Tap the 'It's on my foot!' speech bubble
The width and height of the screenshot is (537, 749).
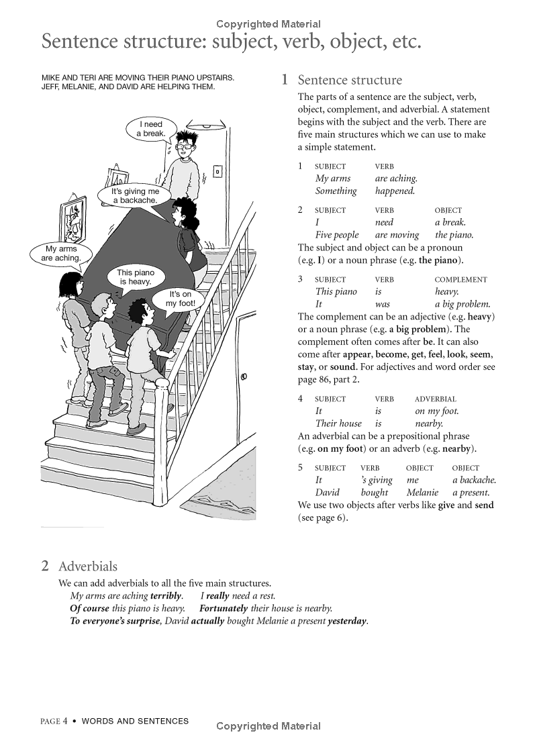tap(181, 299)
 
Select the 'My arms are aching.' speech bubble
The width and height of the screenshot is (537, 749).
tap(61, 253)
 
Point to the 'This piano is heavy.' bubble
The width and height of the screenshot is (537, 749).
tap(136, 277)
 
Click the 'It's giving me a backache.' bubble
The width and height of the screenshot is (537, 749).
tap(135, 196)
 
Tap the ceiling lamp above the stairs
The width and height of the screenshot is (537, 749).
tap(205, 126)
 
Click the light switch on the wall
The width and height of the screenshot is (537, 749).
tap(217, 172)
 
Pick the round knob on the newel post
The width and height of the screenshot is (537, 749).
tap(162, 383)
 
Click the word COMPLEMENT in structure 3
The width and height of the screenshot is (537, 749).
tap(460, 280)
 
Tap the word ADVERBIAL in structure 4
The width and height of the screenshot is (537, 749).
tap(435, 399)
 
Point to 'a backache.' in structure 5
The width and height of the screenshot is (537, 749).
tap(474, 480)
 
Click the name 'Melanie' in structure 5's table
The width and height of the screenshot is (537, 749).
tap(422, 492)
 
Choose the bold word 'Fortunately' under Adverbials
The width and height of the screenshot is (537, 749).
tap(224, 608)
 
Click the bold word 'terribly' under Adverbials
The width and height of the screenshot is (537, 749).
tap(166, 595)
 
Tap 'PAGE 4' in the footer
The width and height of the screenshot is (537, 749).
tap(54, 721)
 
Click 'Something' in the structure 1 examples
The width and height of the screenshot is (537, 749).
tap(336, 191)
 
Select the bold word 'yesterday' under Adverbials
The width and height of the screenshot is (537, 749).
tap(347, 621)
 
